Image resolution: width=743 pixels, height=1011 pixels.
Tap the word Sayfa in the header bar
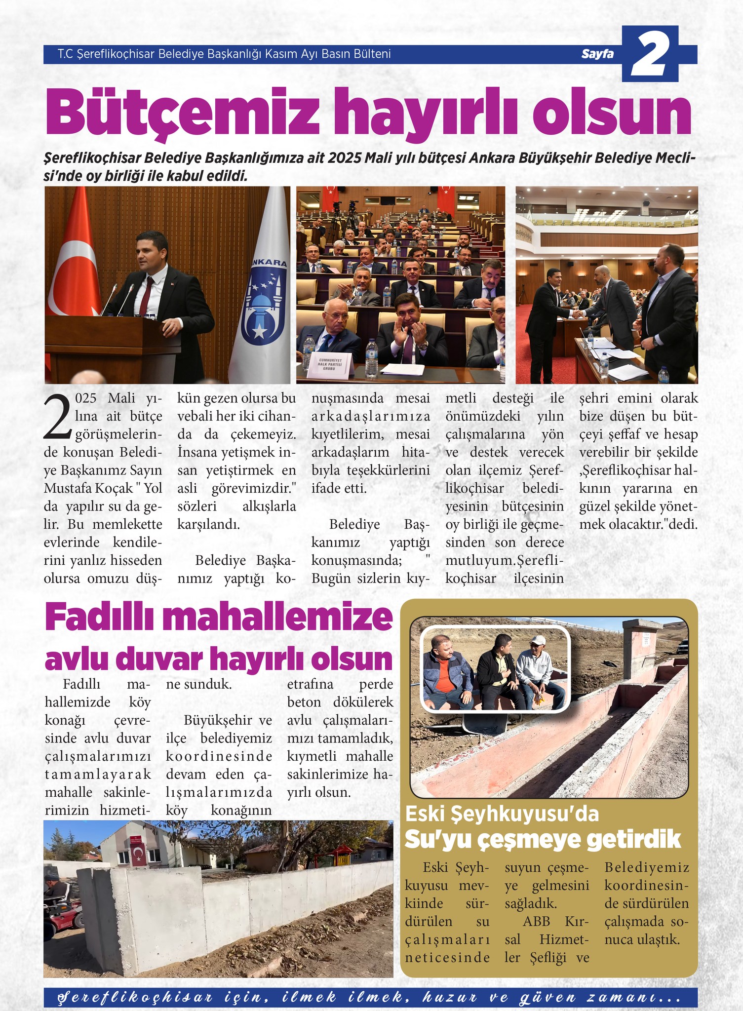point(597,54)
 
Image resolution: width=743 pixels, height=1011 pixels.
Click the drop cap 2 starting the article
point(58,416)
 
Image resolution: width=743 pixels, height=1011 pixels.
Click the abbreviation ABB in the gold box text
point(536,921)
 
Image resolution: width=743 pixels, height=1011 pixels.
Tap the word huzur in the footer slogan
point(449,997)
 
